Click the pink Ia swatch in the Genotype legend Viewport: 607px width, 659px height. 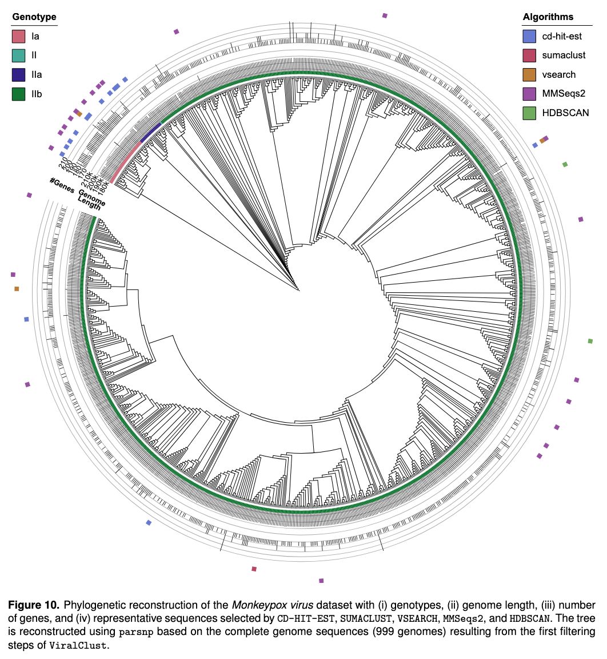(19, 37)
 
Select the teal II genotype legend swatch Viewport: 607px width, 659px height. (19, 55)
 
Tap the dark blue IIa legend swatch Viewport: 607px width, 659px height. (19, 74)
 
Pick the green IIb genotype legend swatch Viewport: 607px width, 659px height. (19, 93)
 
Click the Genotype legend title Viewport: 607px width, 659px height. (34, 17)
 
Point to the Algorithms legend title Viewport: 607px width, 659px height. (548, 17)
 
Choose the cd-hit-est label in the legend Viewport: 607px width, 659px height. (562, 37)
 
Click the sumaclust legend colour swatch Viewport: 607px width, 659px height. (529, 55)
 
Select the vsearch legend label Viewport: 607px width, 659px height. (559, 74)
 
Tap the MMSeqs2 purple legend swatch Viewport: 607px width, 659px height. (529, 93)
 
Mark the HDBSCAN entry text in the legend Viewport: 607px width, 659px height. (565, 113)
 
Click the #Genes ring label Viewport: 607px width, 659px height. (62, 185)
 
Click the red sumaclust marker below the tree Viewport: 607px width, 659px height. (254, 569)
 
